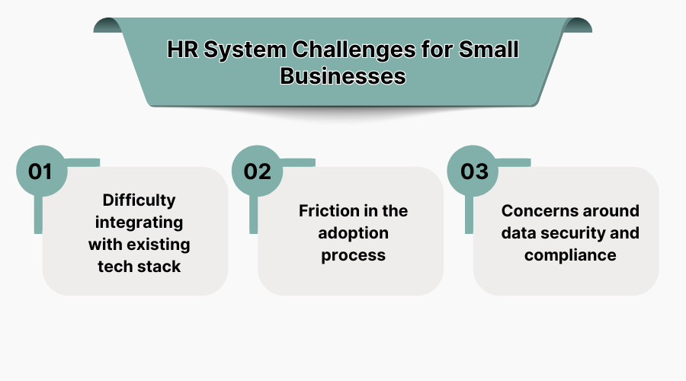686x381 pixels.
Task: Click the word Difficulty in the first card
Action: [x=139, y=200]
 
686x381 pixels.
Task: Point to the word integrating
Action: [x=139, y=223]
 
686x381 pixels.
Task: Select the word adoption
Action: [x=354, y=232]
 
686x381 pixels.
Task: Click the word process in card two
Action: [x=354, y=255]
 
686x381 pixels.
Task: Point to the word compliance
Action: [x=570, y=255]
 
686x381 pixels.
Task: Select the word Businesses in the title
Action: [x=343, y=76]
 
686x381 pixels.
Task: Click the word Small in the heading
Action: [x=491, y=51]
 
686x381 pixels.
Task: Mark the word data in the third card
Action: [x=518, y=232]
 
